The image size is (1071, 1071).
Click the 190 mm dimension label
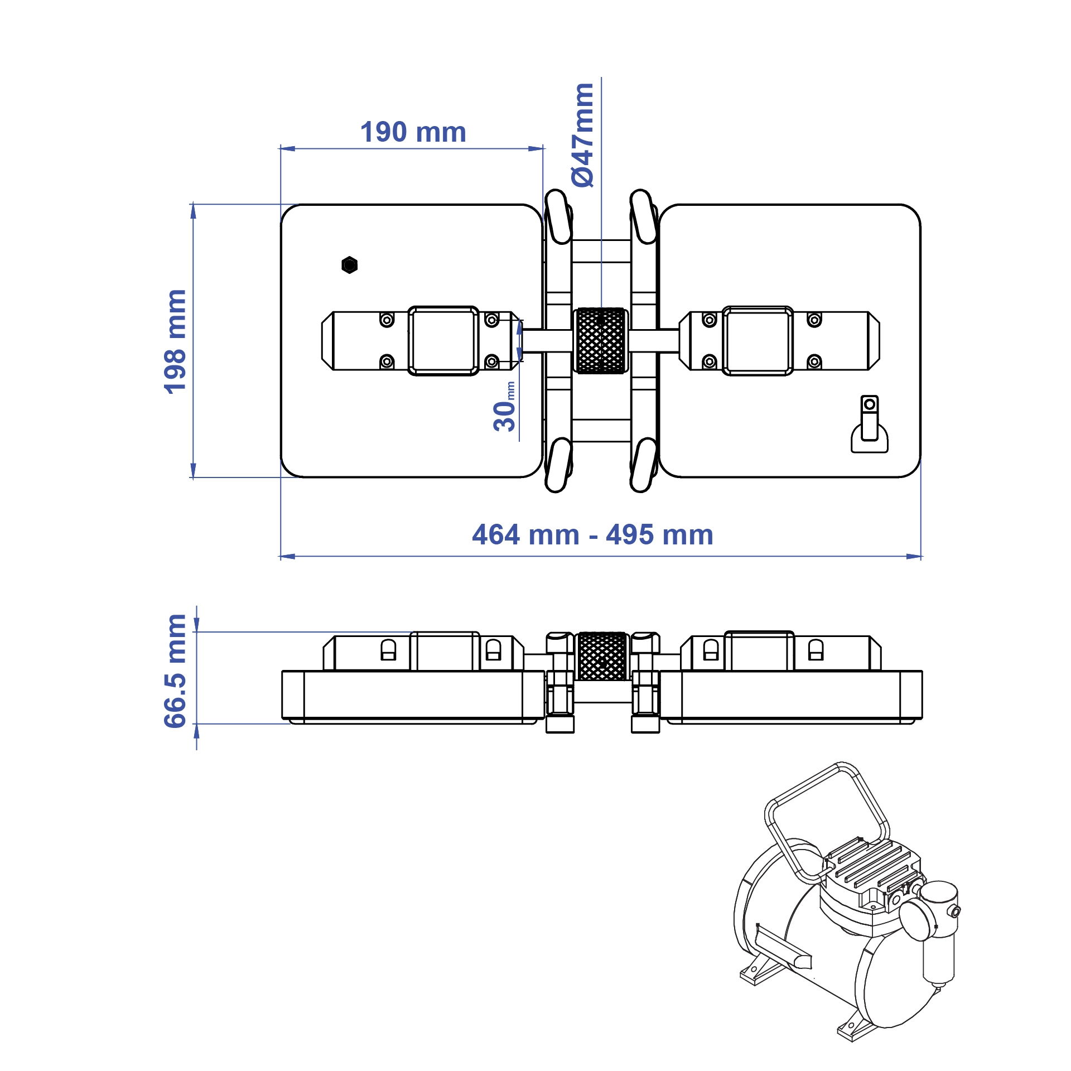tap(413, 133)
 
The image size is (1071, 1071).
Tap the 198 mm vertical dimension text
tap(175, 341)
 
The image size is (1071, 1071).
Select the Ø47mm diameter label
tap(583, 135)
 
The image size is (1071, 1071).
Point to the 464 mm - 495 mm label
tap(592, 535)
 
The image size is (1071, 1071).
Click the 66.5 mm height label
tap(175, 671)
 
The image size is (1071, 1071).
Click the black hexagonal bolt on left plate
tap(349, 265)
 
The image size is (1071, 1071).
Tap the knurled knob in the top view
tap(601, 340)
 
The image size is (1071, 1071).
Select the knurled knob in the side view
tap(602, 657)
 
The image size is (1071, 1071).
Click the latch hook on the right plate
tap(869, 426)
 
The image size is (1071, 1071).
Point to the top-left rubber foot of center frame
tap(558, 216)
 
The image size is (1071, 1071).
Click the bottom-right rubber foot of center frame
tap(644, 465)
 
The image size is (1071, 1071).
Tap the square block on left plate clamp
tap(443, 341)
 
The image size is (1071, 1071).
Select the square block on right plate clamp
tap(758, 341)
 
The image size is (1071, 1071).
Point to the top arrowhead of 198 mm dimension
tap(193, 211)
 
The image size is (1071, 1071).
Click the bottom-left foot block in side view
tap(560, 725)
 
